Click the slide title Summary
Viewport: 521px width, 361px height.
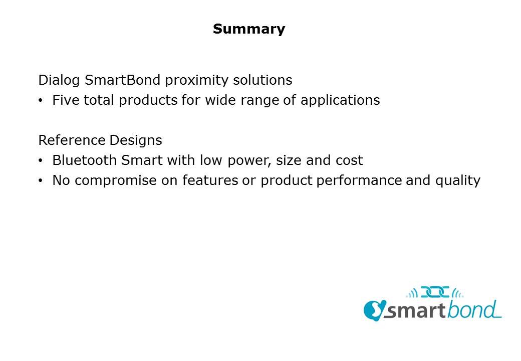(x=249, y=29)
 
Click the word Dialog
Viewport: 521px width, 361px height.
(x=59, y=80)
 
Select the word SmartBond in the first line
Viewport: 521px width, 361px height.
(x=122, y=80)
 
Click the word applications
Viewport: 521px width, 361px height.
(x=340, y=101)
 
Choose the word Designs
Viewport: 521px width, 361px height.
(x=136, y=140)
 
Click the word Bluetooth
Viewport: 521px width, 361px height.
(x=84, y=160)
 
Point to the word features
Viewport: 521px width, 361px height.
(x=210, y=180)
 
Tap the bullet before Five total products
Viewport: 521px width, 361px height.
(x=41, y=101)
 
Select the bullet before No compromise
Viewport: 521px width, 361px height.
(x=41, y=181)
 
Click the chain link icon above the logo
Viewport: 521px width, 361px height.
(x=435, y=292)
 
